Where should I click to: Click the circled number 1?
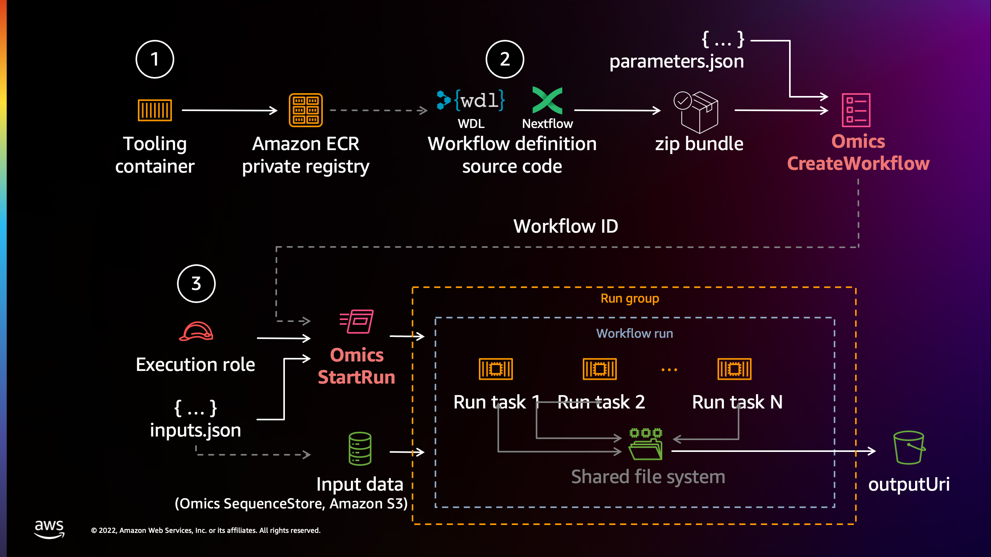pyautogui.click(x=154, y=59)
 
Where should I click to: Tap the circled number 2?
pyautogui.click(x=505, y=59)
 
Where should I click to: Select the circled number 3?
pyautogui.click(x=196, y=284)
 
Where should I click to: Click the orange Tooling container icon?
pyautogui.click(x=154, y=110)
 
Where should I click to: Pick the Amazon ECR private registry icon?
pyautogui.click(x=305, y=110)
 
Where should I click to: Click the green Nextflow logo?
pyautogui.click(x=547, y=100)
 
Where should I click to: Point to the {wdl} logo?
pyautogui.click(x=471, y=100)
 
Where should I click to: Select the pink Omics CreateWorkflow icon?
pyautogui.click(x=856, y=110)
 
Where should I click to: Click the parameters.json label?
pyautogui.click(x=676, y=62)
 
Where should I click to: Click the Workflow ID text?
pyautogui.click(x=565, y=226)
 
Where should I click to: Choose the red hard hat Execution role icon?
pyautogui.click(x=196, y=331)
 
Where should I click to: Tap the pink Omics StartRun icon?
pyautogui.click(x=356, y=321)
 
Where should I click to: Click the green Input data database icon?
pyautogui.click(x=360, y=448)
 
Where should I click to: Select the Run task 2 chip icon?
pyautogui.click(x=599, y=369)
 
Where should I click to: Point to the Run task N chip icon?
pyautogui.click(x=734, y=369)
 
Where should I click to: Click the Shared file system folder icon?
pyautogui.click(x=646, y=445)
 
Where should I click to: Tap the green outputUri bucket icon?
pyautogui.click(x=909, y=448)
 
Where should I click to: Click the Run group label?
pyautogui.click(x=630, y=299)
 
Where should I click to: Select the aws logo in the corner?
pyautogui.click(x=49, y=529)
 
